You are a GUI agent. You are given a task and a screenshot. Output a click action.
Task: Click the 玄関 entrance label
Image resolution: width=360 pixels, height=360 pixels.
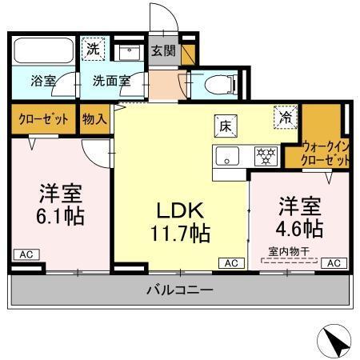pos(162,50)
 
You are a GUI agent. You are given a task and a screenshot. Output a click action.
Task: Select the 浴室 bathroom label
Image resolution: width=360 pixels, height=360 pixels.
pos(42,81)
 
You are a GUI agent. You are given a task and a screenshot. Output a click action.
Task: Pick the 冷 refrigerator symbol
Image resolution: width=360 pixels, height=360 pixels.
pos(285,116)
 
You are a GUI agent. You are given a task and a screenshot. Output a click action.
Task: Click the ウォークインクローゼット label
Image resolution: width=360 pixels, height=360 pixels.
pos(326,153)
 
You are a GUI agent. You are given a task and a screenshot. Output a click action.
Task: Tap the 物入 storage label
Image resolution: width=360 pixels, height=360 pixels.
pos(94,119)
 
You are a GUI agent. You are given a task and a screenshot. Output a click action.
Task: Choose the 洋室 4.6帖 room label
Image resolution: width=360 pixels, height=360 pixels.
pos(300,217)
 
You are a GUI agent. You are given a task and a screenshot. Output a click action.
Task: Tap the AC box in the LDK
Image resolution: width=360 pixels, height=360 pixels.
pos(230,262)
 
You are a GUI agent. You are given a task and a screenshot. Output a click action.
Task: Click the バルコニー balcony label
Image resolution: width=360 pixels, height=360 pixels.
pos(179,290)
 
